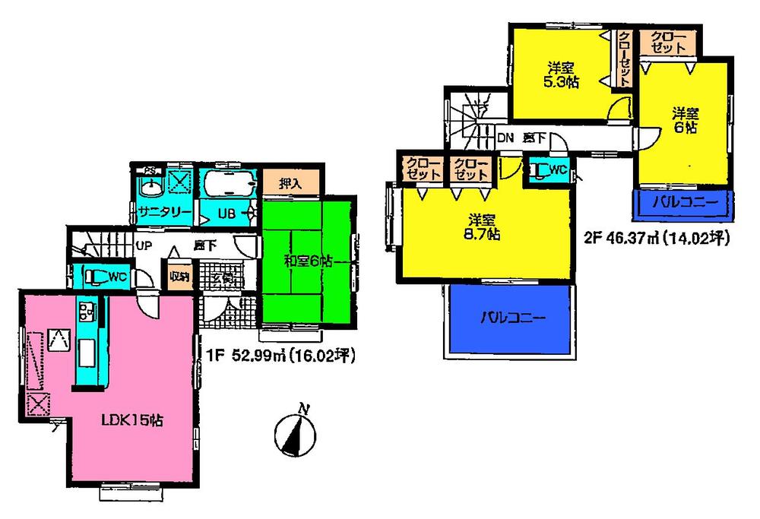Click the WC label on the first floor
pyautogui.click(x=116, y=276)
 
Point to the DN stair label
pyautogui.click(x=505, y=138)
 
